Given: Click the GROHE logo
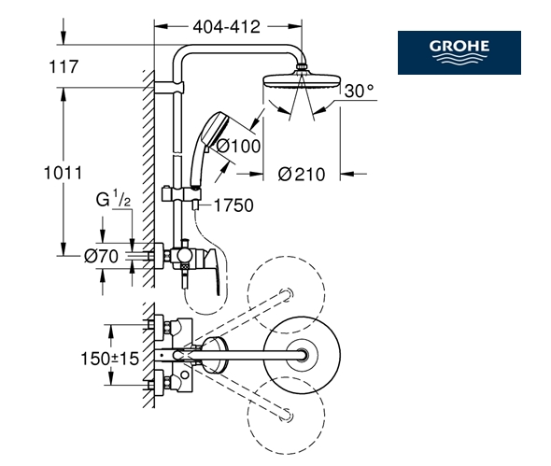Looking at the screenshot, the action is pos(459,52).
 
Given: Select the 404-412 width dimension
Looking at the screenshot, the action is pos(227,27).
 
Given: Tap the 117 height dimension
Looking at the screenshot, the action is pos(64,67).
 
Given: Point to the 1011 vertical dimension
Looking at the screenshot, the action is pos(63,173).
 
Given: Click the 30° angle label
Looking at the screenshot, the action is pos(359,91).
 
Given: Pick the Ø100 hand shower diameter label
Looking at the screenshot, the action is pos(238,146).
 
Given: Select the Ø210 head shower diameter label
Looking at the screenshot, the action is pos(302,175).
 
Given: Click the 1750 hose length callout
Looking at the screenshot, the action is pos(233,205).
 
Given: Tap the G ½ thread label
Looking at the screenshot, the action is pos(113,199).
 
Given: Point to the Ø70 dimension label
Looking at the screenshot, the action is pos(101,256).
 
